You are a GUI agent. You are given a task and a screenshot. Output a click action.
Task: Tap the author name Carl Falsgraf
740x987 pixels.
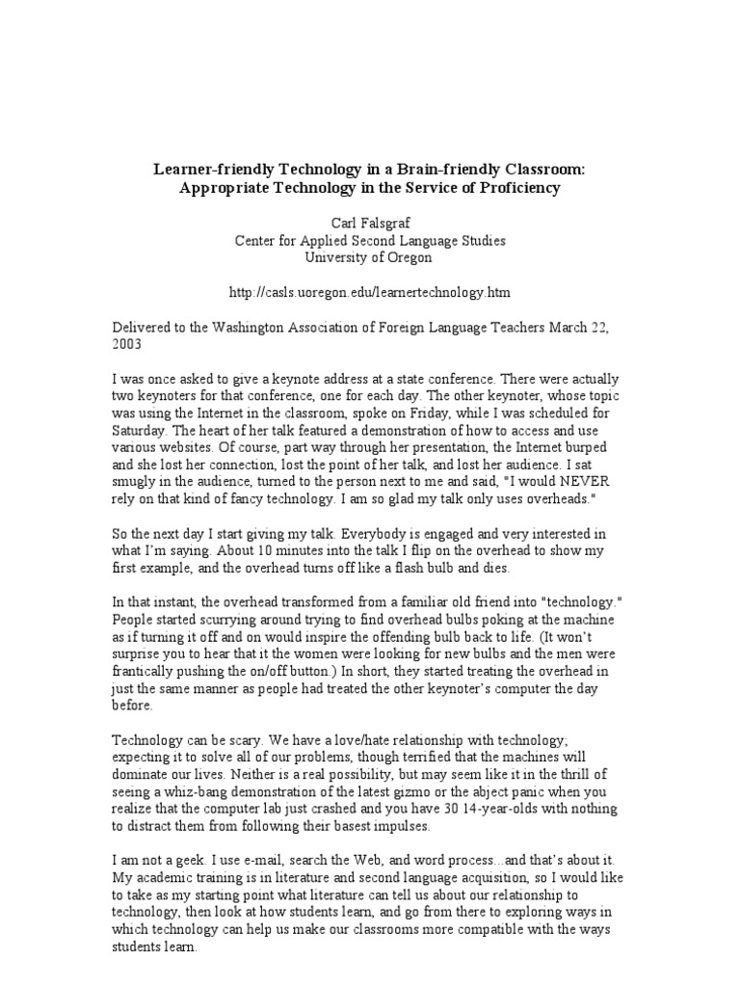click(x=369, y=224)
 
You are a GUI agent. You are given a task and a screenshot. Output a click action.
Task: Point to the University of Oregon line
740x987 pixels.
click(x=369, y=257)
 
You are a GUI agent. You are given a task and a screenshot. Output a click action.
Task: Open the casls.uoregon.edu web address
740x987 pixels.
click(x=369, y=292)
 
